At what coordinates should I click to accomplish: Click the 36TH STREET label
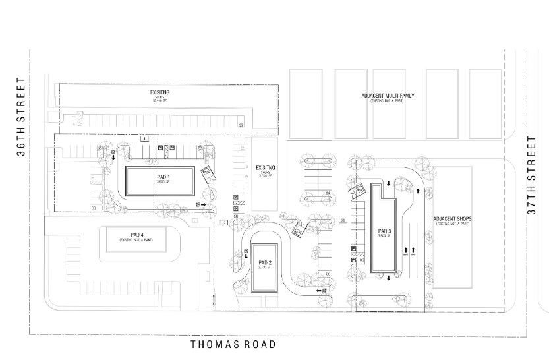[x=21, y=117]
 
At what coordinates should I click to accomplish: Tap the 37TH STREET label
[x=532, y=175]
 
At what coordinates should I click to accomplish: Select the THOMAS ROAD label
[x=233, y=344]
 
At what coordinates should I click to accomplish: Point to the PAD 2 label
[x=266, y=264]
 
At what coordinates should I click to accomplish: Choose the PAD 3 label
[x=385, y=232]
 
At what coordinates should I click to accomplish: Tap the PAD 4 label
[x=137, y=235]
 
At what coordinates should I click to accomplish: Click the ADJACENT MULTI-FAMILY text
[x=388, y=96]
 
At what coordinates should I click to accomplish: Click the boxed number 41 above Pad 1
[x=144, y=138]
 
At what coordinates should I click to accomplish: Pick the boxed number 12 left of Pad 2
[x=224, y=223]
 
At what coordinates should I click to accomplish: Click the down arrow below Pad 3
[x=389, y=278]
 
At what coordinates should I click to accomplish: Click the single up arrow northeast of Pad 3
[x=418, y=192]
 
